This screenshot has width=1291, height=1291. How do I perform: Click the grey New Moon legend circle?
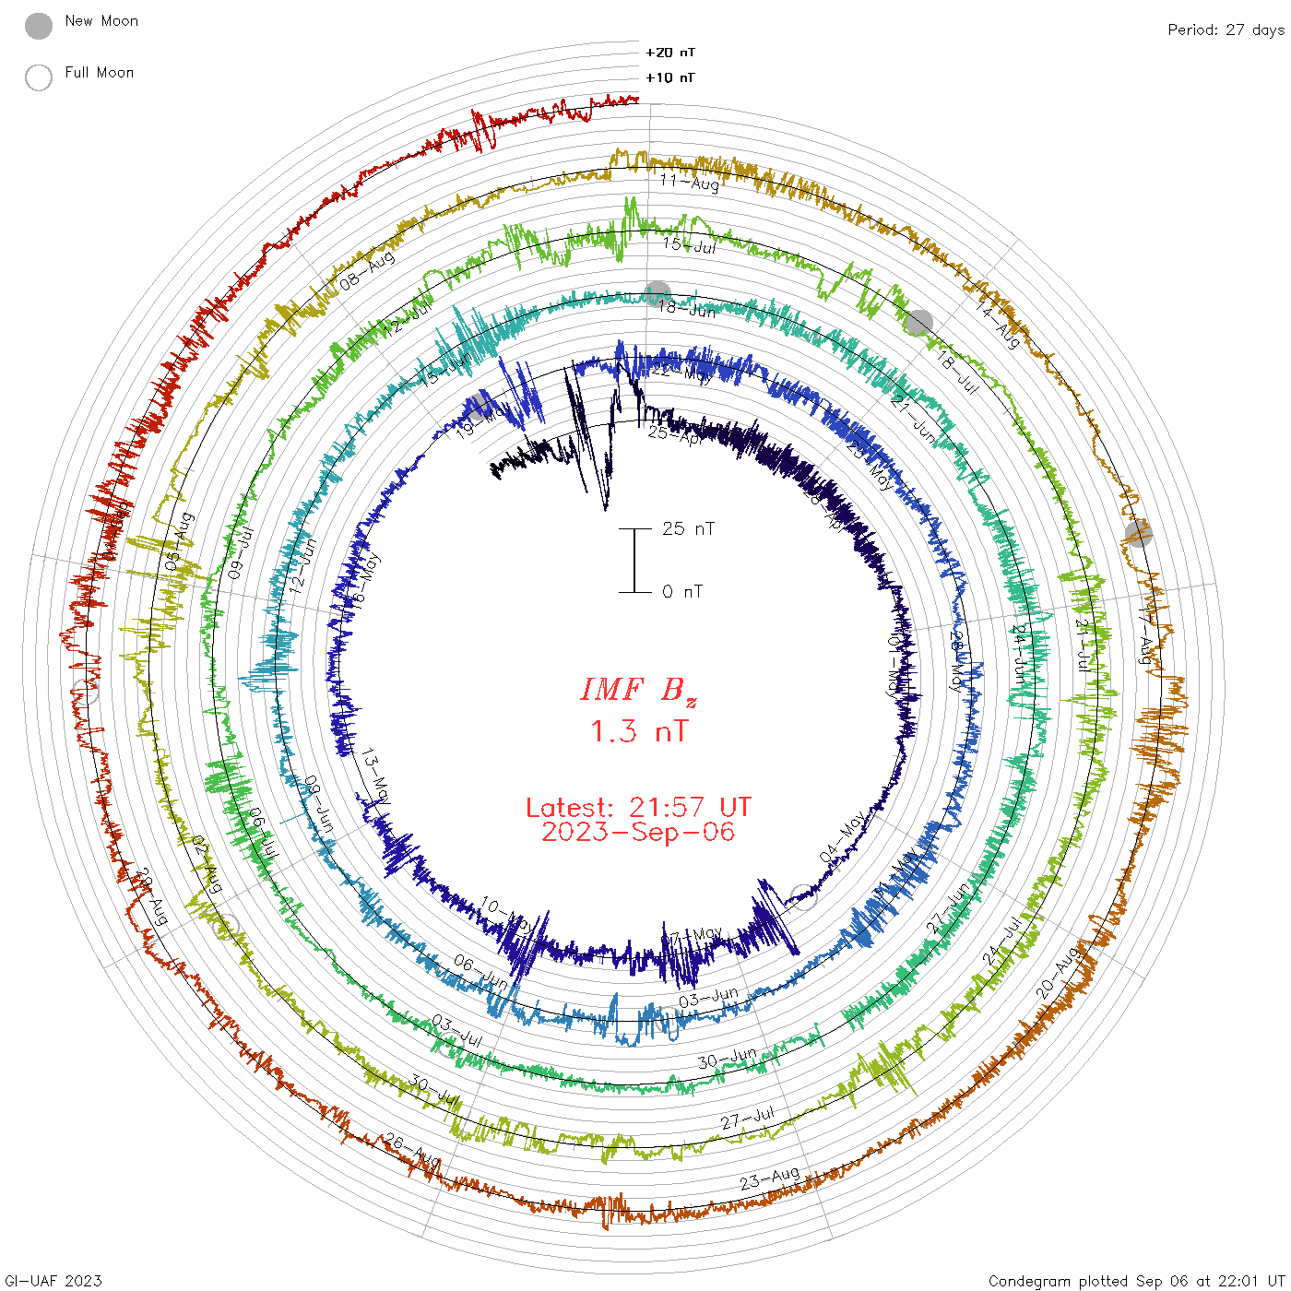[39, 26]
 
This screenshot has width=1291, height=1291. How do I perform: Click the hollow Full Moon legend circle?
[39, 77]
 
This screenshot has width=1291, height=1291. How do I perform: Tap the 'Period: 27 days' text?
[1226, 30]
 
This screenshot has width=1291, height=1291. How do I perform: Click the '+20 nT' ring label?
[670, 53]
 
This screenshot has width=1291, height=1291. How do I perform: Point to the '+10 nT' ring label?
[670, 77]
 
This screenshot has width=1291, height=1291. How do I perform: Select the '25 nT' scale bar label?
[688, 528]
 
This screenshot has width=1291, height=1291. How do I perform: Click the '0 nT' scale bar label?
[682, 592]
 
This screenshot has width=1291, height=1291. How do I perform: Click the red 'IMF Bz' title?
[638, 690]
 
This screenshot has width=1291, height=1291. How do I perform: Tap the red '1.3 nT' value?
[638, 731]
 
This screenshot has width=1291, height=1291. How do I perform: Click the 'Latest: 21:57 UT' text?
[638, 808]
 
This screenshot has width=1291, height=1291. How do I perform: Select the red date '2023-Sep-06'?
[638, 832]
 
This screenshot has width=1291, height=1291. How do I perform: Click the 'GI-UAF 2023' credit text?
[53, 1281]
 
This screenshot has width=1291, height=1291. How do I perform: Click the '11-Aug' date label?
[690, 182]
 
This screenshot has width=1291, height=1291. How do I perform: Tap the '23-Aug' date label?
[770, 1178]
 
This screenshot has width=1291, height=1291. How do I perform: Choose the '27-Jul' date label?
[748, 1119]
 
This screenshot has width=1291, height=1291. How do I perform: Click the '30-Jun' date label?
[727, 1058]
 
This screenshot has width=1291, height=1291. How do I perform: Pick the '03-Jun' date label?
[708, 998]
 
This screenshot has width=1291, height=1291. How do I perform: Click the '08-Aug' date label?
[367, 270]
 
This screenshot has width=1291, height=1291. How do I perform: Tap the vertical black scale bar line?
[634, 561]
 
